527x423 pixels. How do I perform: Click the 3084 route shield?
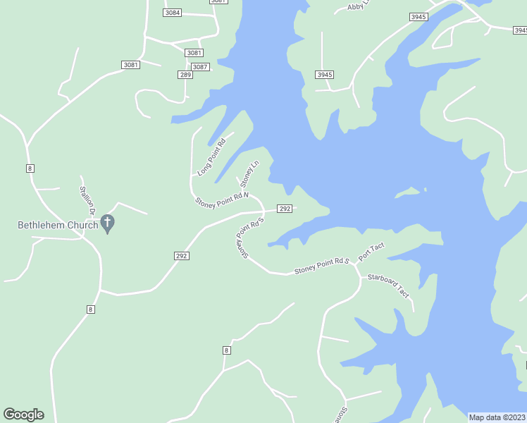click(x=172, y=13)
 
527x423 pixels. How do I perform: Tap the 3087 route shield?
click(x=200, y=67)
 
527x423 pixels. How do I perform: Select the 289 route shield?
click(x=185, y=75)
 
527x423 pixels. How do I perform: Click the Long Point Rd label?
click(x=211, y=157)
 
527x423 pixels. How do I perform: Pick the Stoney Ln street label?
click(x=250, y=173)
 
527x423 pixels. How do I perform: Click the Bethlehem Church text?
click(x=58, y=226)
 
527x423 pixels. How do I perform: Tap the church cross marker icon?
click(x=107, y=224)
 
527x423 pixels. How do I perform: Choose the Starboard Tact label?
click(x=388, y=286)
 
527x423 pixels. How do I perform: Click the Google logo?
click(x=23, y=415)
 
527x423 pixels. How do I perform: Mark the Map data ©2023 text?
click(x=497, y=417)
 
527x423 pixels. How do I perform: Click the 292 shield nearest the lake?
click(x=285, y=209)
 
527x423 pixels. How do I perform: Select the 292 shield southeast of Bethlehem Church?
click(x=181, y=256)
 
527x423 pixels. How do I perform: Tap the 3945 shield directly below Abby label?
click(x=325, y=75)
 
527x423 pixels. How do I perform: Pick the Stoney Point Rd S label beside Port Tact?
click(x=322, y=265)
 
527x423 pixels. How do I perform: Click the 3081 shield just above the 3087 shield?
click(x=194, y=53)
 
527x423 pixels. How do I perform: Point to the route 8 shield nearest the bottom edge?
click(x=226, y=350)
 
